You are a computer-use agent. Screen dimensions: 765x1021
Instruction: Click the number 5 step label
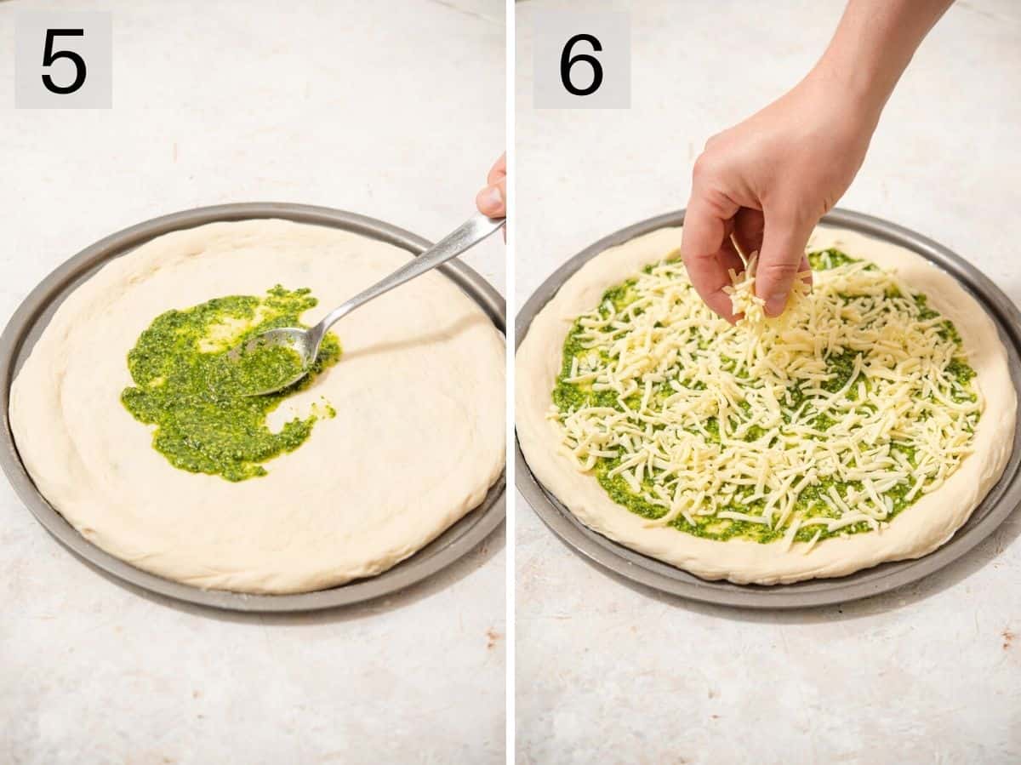point(63,60)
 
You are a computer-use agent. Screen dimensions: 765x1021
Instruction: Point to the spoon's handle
point(408,268)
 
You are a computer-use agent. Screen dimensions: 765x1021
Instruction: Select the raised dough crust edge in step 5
point(255,570)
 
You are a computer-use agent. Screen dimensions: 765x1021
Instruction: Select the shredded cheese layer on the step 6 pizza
point(766,425)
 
